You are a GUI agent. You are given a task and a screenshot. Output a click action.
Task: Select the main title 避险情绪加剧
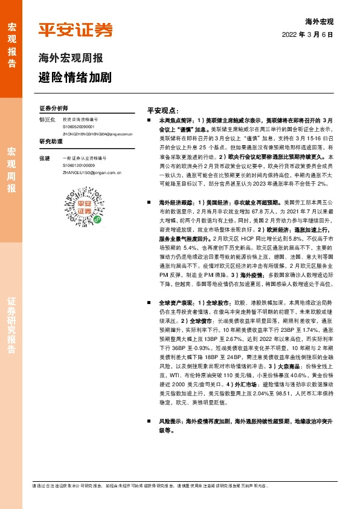coord(75,78)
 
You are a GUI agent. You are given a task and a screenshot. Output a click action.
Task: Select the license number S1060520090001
coord(79,126)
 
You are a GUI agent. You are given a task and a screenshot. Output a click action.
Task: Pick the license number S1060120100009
coord(79,164)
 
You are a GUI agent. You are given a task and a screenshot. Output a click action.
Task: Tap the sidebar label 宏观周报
coord(11,169)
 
